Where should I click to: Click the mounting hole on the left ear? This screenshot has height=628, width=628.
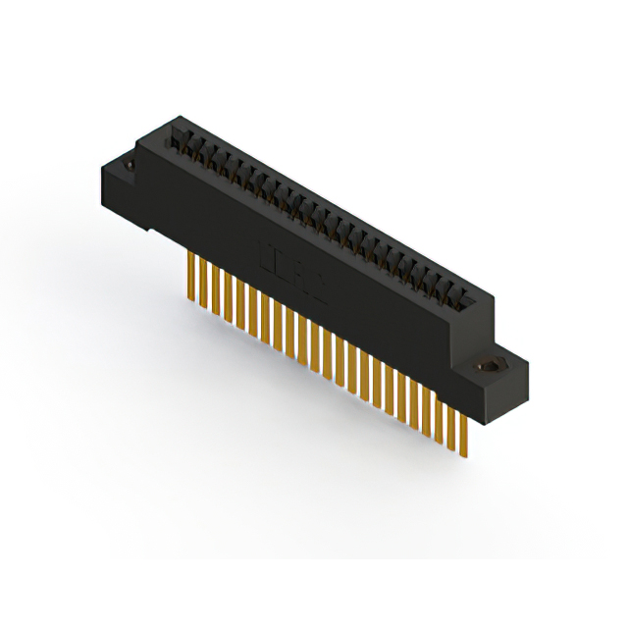131,167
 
